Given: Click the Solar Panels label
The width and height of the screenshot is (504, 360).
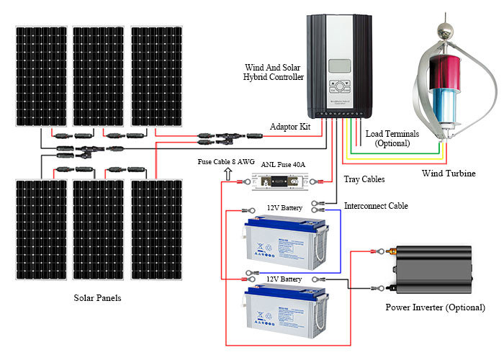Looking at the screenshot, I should coord(97,297).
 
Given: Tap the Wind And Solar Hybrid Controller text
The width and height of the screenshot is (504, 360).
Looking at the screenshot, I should coord(274,72).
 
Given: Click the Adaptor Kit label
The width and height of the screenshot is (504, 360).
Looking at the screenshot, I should coord(290,127).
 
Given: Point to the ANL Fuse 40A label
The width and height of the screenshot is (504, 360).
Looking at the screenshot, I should coord(282,164).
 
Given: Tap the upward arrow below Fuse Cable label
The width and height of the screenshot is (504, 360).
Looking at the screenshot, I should coord(230,174).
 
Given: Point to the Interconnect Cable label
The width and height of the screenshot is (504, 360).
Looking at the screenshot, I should coord(376,206).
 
